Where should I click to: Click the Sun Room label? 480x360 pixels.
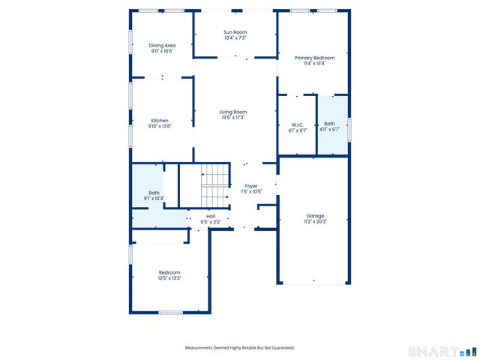[x=235, y=32]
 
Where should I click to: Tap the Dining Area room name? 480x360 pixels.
[x=162, y=46]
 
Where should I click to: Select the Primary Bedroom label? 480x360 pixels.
[x=313, y=58]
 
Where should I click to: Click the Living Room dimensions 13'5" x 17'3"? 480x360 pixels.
[x=234, y=118]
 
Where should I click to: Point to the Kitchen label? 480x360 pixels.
[x=160, y=121]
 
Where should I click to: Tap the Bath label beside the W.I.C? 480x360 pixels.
[x=330, y=124]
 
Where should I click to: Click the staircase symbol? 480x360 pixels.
[x=214, y=185]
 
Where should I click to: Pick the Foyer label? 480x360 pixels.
[x=251, y=186]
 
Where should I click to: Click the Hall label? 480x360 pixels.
[x=211, y=217]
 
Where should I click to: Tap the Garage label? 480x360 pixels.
[x=315, y=216]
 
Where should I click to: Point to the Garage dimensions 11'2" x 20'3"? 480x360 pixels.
[x=315, y=221]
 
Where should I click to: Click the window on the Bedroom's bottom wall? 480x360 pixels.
[x=170, y=312]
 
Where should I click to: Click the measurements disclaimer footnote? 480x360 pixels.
[x=240, y=347]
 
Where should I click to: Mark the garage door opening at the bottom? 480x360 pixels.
[x=314, y=283]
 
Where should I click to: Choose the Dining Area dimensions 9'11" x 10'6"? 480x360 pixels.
[x=162, y=51]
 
